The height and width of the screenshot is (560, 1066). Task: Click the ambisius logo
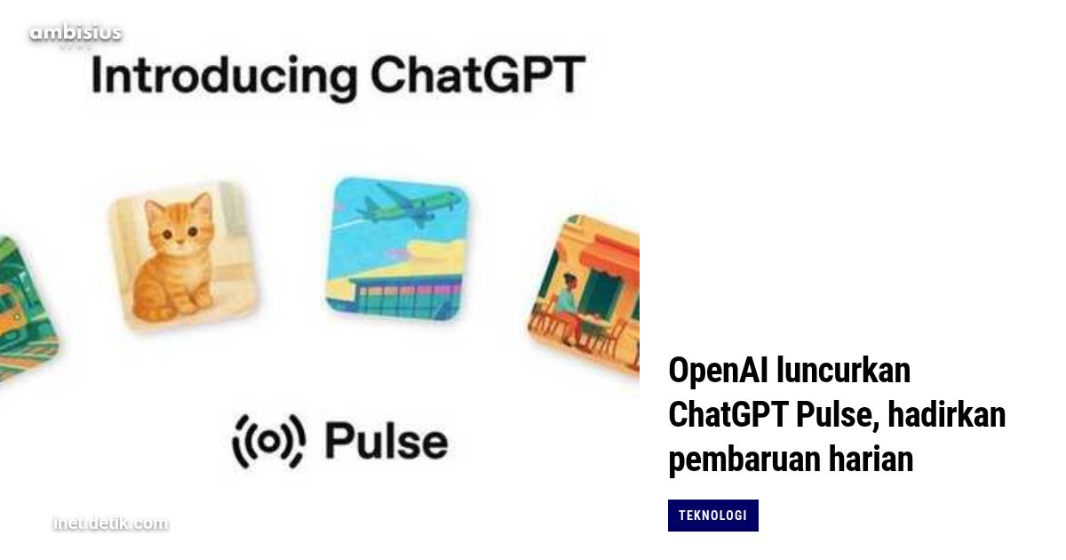tap(75, 35)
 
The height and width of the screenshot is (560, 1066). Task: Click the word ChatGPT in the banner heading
tap(478, 76)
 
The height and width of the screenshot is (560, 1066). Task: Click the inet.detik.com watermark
tap(109, 524)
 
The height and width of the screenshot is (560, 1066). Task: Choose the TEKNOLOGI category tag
tap(712, 516)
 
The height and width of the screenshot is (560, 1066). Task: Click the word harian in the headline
tap(875, 460)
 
